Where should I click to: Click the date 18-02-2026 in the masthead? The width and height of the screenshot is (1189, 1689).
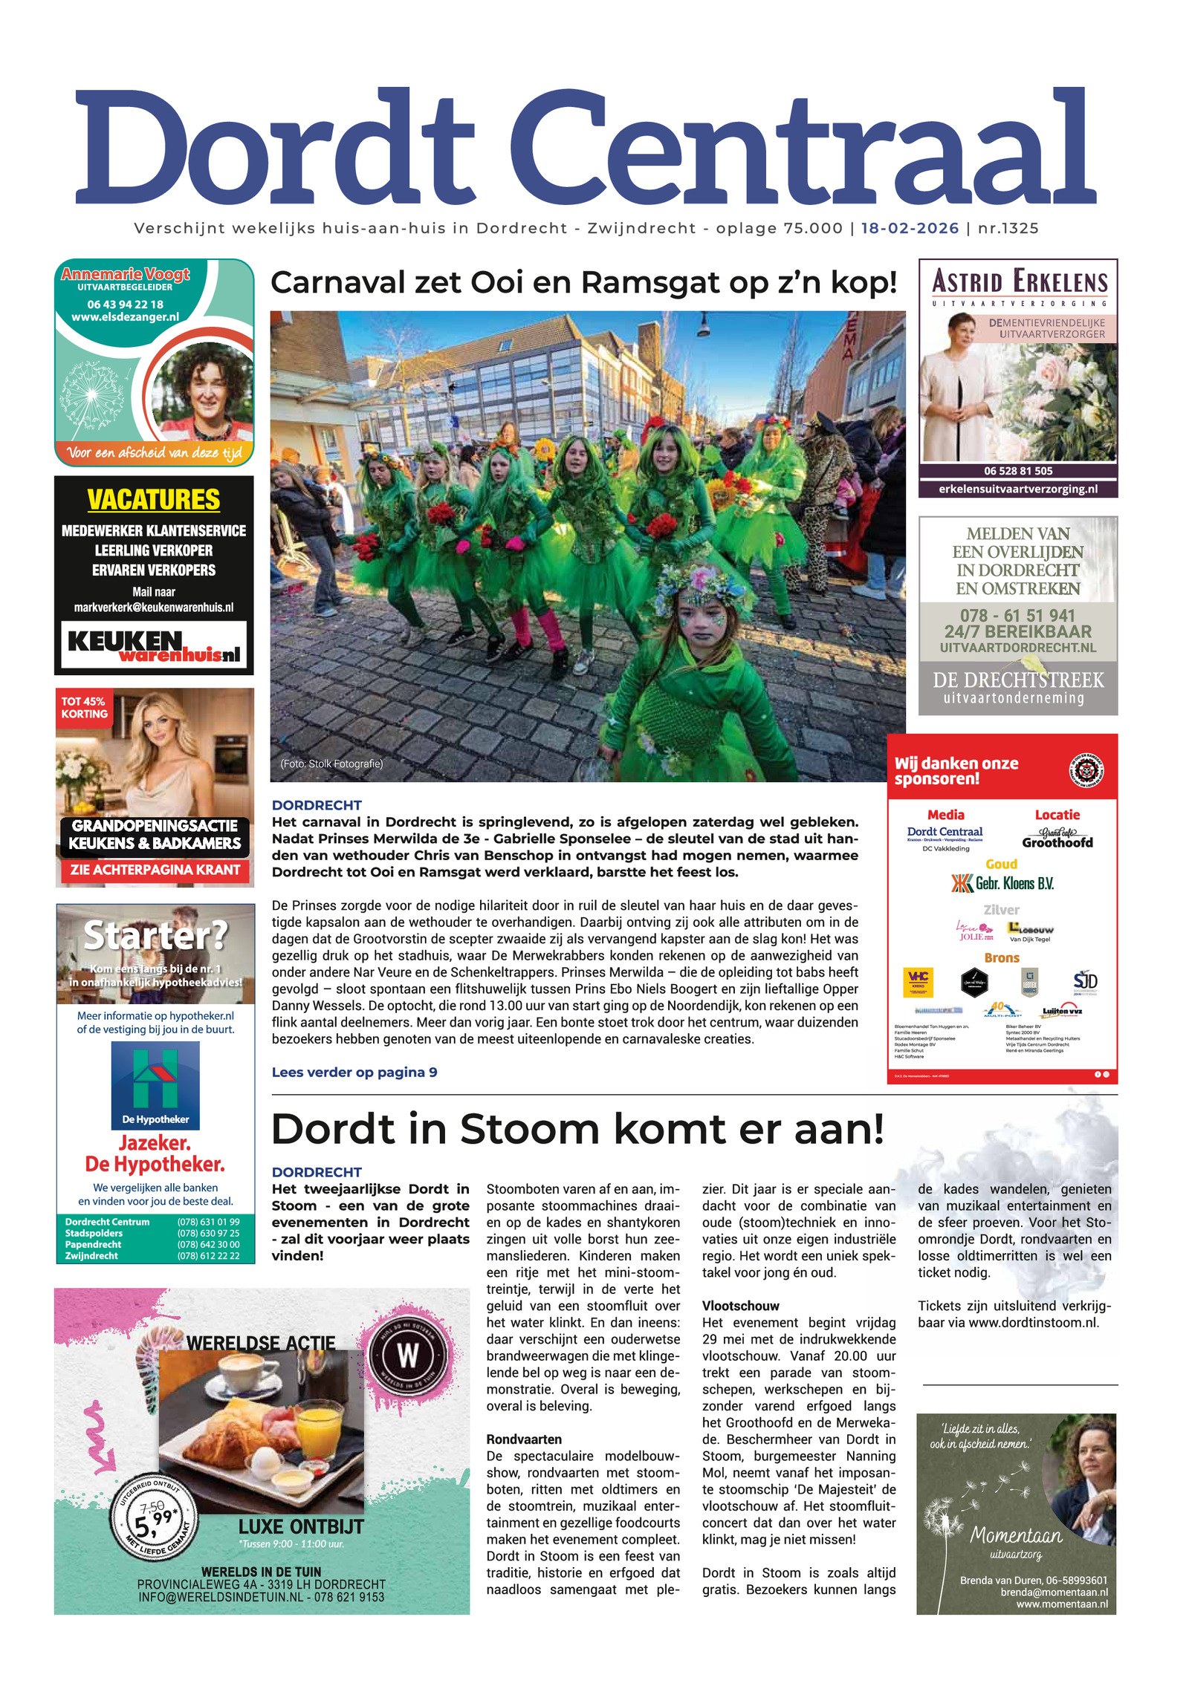pyautogui.click(x=909, y=228)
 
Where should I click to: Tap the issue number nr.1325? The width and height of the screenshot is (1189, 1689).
pyautogui.click(x=1008, y=228)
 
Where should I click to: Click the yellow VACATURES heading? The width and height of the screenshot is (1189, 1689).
pyautogui.click(x=154, y=500)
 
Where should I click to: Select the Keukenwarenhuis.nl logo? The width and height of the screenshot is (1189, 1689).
pyautogui.click(x=154, y=645)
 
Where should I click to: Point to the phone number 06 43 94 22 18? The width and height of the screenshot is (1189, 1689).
pyautogui.click(x=125, y=304)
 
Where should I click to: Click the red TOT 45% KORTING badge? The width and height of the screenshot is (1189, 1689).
pyautogui.click(x=84, y=707)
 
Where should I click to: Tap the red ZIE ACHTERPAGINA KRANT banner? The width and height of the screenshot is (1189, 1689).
pyautogui.click(x=155, y=869)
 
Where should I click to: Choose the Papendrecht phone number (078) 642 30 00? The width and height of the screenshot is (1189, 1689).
pyautogui.click(x=208, y=1244)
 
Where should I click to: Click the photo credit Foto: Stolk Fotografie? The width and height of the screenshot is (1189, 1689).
pyautogui.click(x=331, y=764)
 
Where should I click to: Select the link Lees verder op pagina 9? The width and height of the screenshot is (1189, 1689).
pyautogui.click(x=354, y=1072)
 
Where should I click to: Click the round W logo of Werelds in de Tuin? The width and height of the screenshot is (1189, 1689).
pyautogui.click(x=408, y=1356)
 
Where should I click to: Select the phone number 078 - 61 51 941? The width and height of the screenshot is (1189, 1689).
pyautogui.click(x=1017, y=615)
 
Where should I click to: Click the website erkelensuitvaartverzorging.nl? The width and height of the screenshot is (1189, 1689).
pyautogui.click(x=1017, y=489)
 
